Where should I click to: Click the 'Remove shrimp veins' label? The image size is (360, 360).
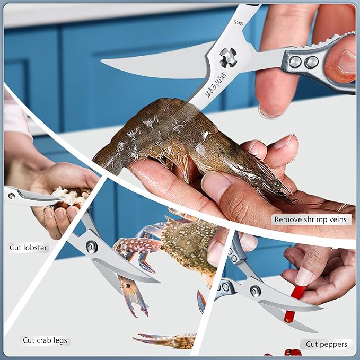pos(310,219)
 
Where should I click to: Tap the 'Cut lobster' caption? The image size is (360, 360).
pos(28,248)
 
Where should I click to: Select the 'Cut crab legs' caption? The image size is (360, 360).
pos(45,340)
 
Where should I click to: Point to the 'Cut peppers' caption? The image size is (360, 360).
pos(327,344)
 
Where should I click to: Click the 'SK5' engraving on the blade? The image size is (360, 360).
pos(238,23)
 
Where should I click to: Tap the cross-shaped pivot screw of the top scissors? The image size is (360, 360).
pos(228,57)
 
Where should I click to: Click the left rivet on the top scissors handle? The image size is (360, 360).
pos(295,62)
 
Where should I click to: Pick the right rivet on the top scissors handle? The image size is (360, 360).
pos(311,62)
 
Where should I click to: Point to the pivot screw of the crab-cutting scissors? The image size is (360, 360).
pos(92,247)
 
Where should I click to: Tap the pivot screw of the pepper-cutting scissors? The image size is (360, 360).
pos(256,291)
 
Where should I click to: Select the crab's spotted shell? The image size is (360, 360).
pos(189,243)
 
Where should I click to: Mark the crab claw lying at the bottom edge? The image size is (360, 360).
pos(165,340)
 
